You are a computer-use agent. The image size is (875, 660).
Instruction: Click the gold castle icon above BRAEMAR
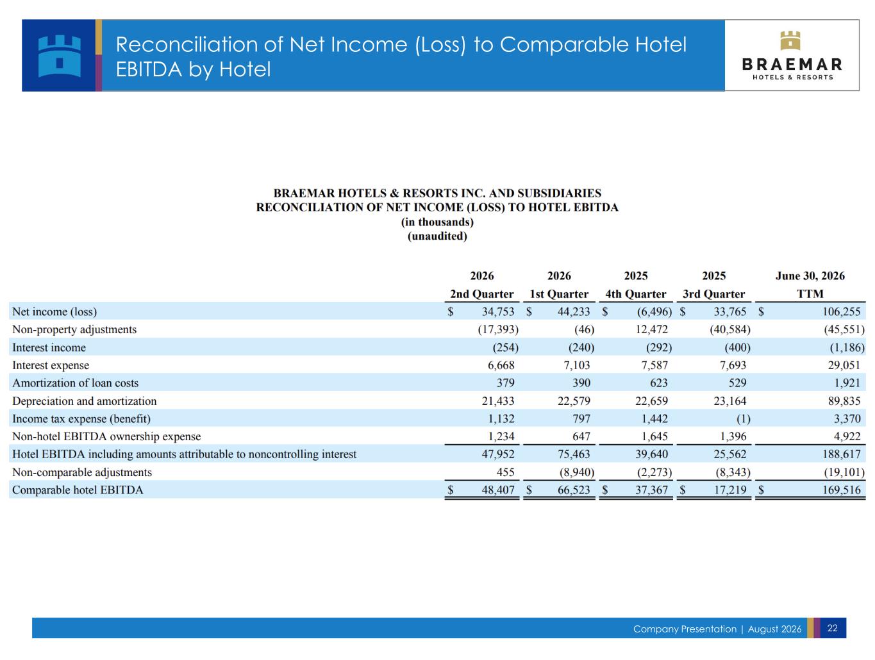790,40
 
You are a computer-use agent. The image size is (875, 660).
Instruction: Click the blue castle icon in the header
59,56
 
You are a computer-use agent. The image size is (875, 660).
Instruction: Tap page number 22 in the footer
832,628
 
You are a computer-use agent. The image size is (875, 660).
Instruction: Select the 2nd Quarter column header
481,294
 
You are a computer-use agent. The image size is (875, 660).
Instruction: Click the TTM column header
810,293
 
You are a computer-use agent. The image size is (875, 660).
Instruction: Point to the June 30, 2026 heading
810,276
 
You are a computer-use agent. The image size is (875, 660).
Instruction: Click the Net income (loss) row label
54,311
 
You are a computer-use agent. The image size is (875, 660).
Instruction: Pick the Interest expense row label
51,365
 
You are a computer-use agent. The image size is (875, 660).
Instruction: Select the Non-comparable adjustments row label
82,472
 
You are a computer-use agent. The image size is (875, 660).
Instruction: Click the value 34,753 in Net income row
498,311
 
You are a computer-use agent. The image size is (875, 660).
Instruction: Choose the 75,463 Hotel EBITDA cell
574,454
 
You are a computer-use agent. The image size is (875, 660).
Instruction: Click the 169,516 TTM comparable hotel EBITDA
842,490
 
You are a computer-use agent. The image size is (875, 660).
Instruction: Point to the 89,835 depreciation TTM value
844,400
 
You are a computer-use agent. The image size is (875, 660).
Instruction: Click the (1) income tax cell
743,418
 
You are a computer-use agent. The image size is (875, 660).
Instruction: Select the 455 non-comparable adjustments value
505,472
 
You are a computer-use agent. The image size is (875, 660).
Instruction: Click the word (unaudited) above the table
437,236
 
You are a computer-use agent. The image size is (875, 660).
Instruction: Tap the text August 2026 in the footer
774,629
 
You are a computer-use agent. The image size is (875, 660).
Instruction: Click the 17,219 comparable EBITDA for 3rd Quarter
729,490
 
